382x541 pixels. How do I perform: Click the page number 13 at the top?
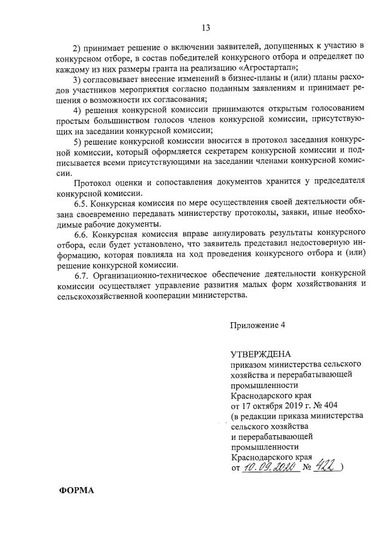(x=206, y=27)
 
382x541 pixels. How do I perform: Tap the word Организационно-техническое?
(x=155, y=274)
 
